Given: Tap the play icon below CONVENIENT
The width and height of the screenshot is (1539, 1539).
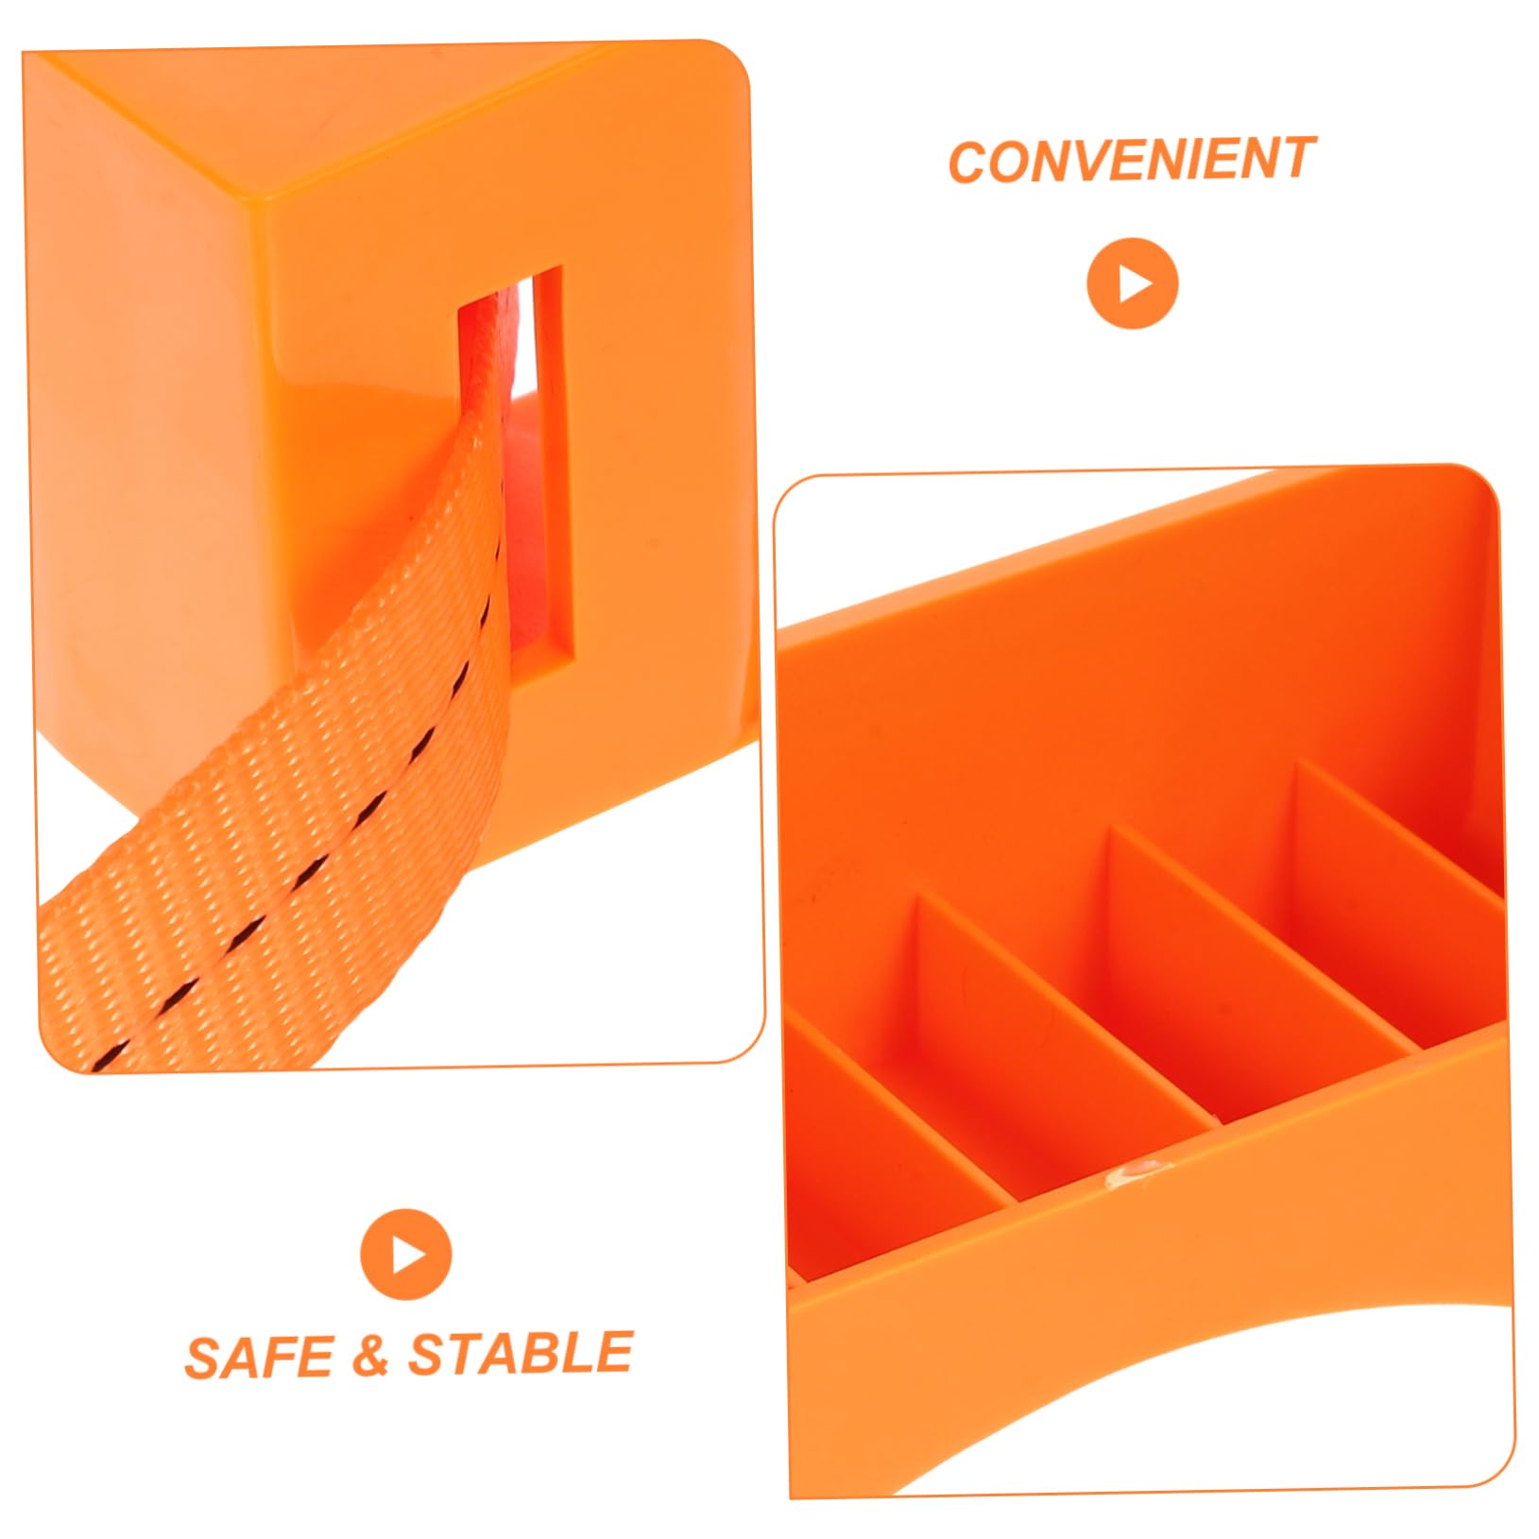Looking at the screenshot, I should click(x=1133, y=283).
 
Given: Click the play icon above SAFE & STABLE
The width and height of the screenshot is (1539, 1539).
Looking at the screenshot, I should click(x=406, y=1256).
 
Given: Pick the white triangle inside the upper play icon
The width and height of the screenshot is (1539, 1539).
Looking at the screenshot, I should click(x=1136, y=283).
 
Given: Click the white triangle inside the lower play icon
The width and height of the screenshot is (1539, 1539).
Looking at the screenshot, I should click(x=409, y=1256).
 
